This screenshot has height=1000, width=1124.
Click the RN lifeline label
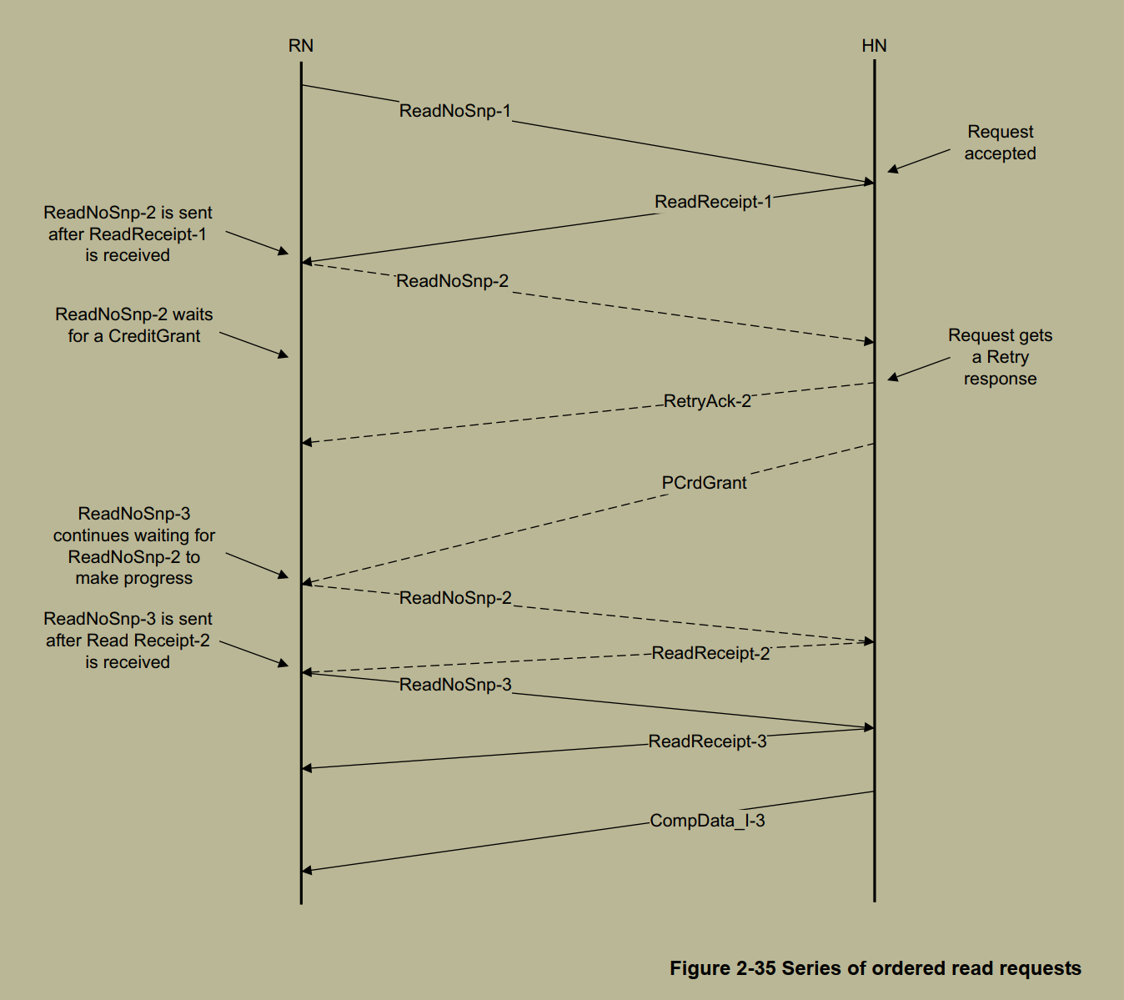tap(301, 46)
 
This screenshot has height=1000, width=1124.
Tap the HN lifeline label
tap(874, 46)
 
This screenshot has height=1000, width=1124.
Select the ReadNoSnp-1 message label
tap(454, 111)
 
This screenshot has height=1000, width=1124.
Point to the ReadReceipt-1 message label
tap(713, 202)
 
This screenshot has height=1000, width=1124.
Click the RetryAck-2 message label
tap(707, 401)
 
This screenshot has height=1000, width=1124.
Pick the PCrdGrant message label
tap(704, 483)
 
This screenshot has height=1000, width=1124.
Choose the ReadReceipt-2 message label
tap(710, 653)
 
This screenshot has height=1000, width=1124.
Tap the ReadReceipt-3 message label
tap(707, 741)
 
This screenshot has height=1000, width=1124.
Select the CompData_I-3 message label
tap(707, 821)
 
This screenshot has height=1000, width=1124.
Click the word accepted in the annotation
tap(1000, 153)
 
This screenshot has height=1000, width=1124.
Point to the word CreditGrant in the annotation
tap(154, 336)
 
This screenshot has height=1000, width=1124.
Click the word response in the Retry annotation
tap(1000, 379)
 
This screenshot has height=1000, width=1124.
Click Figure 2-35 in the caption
tap(722, 968)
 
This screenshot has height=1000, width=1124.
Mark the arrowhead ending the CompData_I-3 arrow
tap(306, 870)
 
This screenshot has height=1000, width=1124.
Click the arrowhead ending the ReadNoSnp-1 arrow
tap(870, 182)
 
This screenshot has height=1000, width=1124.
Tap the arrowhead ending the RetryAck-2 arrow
tap(306, 442)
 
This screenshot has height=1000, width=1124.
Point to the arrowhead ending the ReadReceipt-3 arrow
tap(306, 767)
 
